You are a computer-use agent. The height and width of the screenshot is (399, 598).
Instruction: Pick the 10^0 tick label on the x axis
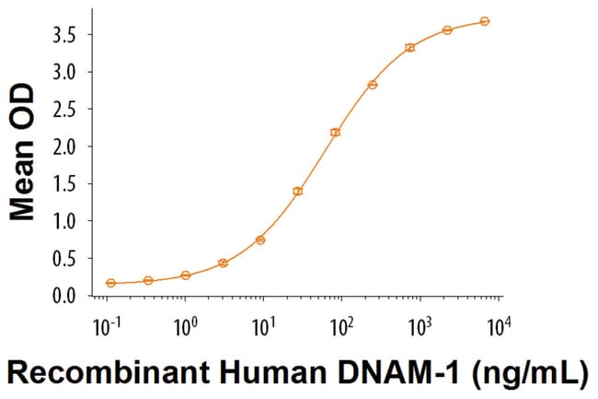185,325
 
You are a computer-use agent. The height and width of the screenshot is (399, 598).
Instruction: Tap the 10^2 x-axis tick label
342,325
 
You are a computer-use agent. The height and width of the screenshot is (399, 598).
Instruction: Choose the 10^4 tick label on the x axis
499,325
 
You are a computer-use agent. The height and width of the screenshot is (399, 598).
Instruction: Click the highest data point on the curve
485,21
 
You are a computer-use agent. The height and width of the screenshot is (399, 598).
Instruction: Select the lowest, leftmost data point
111,283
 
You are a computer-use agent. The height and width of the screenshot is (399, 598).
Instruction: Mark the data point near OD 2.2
335,133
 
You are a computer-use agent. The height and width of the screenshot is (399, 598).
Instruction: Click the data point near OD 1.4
297,192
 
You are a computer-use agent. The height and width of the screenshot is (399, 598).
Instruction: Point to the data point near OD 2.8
373,85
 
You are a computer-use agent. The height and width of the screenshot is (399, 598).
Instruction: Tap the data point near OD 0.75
260,240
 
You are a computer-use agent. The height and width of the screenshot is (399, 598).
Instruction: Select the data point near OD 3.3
410,48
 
